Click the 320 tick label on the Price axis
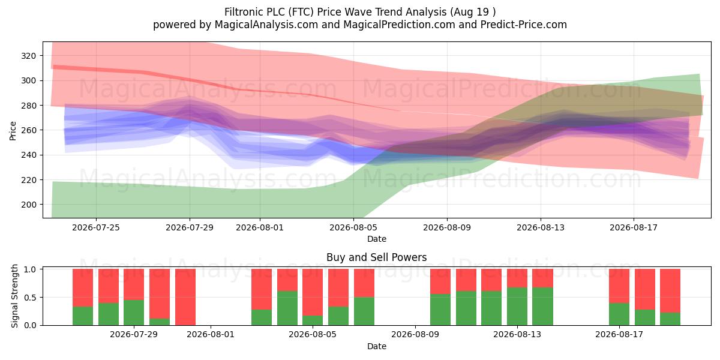(28, 56)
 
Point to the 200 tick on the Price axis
(28, 205)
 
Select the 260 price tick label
(28, 130)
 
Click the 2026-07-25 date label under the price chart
(96, 227)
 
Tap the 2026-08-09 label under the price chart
(447, 227)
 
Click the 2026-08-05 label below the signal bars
(313, 335)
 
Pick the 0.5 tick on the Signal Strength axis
(30, 298)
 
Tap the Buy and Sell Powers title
(377, 257)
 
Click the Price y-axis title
(13, 131)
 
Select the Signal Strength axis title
(14, 296)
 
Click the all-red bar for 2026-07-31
(185, 297)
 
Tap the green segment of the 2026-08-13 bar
(517, 307)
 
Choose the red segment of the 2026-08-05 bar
(313, 292)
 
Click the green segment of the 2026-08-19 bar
(670, 319)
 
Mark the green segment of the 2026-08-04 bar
(287, 308)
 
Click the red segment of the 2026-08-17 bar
(619, 286)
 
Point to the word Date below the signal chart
(377, 346)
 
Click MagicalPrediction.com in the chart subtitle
(399, 25)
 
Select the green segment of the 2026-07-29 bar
(134, 313)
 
